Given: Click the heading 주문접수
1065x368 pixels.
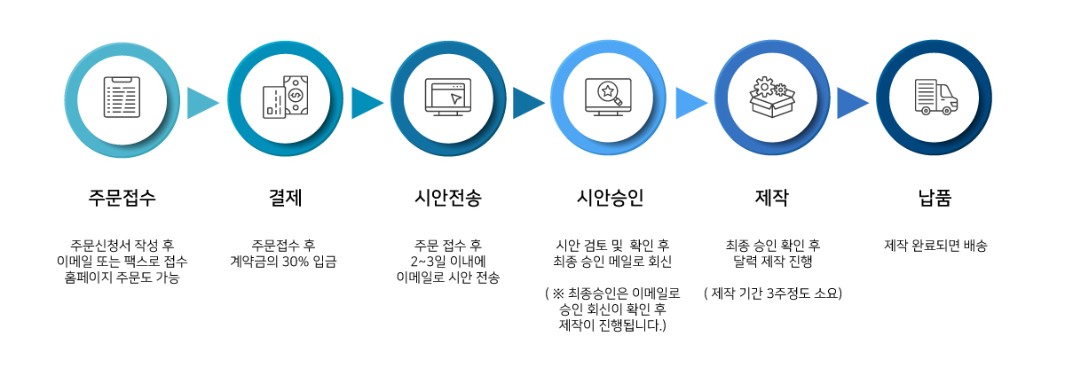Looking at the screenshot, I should pos(122,198).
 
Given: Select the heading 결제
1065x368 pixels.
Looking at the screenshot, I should pos(285,198).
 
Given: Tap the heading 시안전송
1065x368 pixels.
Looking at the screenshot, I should pos(447,198).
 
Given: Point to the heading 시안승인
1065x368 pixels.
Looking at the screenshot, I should pos(610,198).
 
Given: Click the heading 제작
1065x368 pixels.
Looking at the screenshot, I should pos(771,198).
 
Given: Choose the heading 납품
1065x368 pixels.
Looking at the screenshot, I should pos(935,198).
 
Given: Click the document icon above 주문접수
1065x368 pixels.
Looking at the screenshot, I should pos(122,96).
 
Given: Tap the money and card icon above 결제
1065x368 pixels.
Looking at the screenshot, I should pos(285,96).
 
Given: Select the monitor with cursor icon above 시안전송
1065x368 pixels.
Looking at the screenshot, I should pos(447,96).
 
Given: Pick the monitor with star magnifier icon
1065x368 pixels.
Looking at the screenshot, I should pos(610,96).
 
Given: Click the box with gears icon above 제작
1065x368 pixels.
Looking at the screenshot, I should pos(771,96).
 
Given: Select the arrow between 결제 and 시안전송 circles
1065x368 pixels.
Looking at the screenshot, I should pos(367,103).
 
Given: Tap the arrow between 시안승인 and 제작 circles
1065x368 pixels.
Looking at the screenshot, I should pos(690,103).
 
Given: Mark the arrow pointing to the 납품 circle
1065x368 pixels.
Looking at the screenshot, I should pos(852,103).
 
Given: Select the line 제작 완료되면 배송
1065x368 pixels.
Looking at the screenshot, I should pos(935,245).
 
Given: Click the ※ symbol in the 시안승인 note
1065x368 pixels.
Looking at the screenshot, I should pos(558,293).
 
